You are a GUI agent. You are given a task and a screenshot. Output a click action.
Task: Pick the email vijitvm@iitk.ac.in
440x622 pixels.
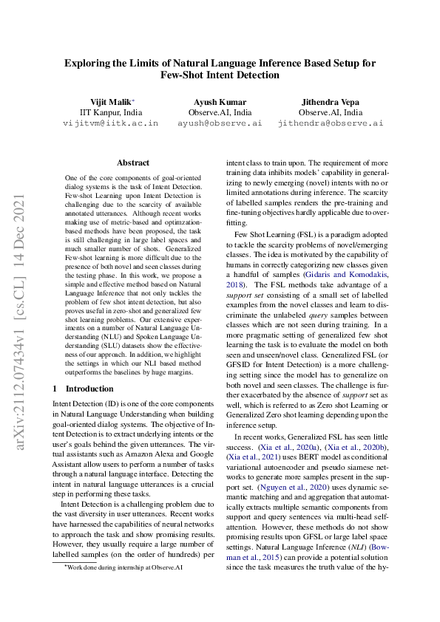(110, 124)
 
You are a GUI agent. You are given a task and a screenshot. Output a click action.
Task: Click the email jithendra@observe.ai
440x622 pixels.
(330, 124)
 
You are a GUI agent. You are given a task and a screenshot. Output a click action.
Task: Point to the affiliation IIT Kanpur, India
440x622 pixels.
(110, 112)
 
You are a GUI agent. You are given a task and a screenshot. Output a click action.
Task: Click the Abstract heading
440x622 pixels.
(133, 163)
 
